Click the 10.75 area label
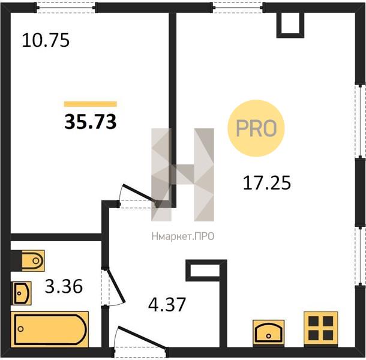click(46, 40)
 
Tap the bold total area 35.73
click(91, 122)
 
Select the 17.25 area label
click(267, 183)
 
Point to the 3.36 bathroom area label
click(64, 286)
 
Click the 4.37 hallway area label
click(167, 304)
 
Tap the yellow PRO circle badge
click(256, 128)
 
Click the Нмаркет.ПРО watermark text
click(183, 236)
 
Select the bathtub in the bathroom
click(50, 329)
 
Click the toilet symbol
click(33, 261)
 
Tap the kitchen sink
click(268, 332)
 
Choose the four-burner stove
click(321, 328)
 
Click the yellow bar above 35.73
click(91, 104)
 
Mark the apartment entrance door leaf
click(142, 338)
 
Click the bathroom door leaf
click(116, 285)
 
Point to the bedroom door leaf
click(139, 193)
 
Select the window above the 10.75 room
click(66, 8)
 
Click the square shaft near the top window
click(290, 25)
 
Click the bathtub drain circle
click(21, 329)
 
